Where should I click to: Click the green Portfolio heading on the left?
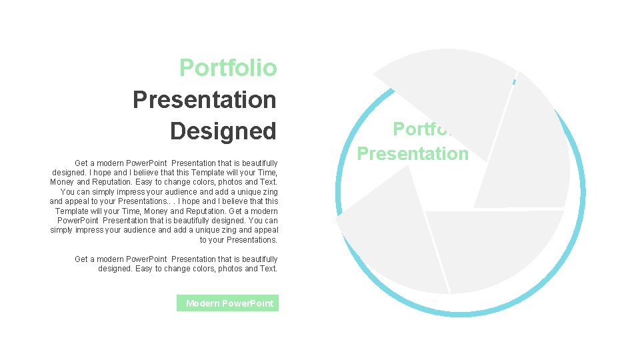tap(228, 68)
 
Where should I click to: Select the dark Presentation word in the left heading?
tap(204, 99)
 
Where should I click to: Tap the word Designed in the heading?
tap(223, 131)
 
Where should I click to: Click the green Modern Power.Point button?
tap(229, 303)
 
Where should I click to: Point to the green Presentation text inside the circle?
tap(413, 153)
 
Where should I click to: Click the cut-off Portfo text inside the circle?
tap(422, 128)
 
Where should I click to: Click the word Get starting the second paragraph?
tap(81, 259)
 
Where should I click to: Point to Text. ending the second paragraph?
tap(268, 269)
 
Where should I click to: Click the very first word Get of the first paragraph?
tap(81, 163)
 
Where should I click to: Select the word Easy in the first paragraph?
tap(145, 182)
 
